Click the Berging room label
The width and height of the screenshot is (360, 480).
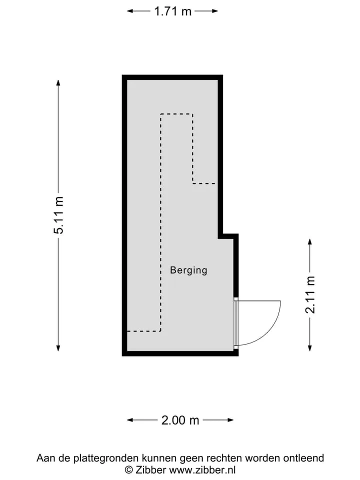pos(188,270)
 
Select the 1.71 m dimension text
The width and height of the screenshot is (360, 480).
pos(172,11)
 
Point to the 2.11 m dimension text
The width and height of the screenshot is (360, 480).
pos(310,294)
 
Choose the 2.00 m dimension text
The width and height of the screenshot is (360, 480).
pos(180,420)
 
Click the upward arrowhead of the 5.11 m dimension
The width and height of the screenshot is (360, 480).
pos(58,82)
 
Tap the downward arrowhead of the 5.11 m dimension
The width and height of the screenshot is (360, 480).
pos(58,348)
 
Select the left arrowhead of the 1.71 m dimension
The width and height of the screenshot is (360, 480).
pos(130,11)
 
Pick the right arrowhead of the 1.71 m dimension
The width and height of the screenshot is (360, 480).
pos(214,11)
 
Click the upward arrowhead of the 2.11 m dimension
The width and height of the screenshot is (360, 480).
pos(310,242)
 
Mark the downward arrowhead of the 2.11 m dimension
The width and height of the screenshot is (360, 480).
pos(310,348)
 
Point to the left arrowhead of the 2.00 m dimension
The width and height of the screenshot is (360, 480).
pos(130,420)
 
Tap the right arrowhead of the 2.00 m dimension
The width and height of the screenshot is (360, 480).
pos(230,420)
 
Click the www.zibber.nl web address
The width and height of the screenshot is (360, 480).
pos(202,470)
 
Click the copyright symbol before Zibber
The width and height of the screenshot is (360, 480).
pos(129,470)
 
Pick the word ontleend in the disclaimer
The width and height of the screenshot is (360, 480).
pos(303,458)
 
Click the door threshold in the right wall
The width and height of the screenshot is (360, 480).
pos(235,323)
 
